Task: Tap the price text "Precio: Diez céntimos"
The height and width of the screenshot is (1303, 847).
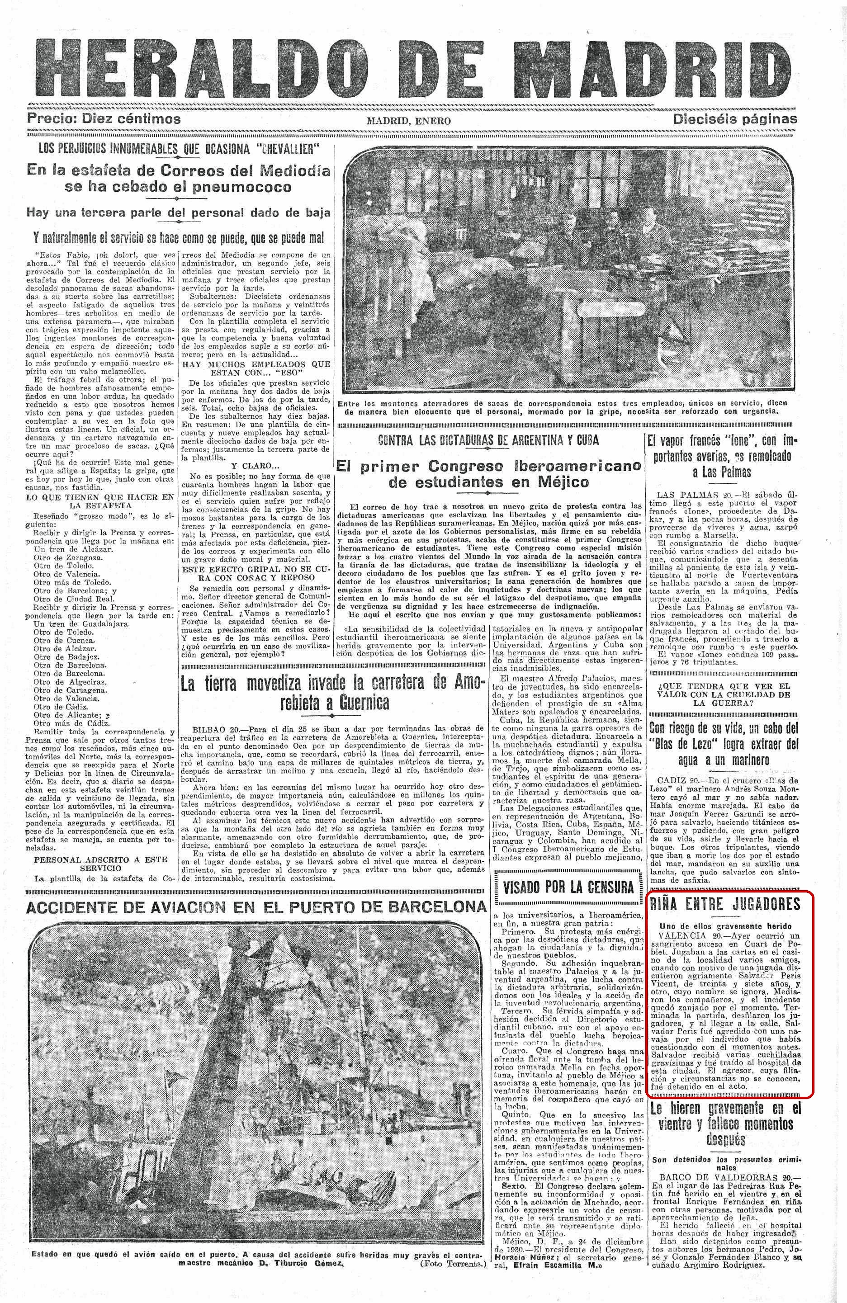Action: (x=104, y=119)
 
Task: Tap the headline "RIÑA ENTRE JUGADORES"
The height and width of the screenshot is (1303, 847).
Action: (x=724, y=904)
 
